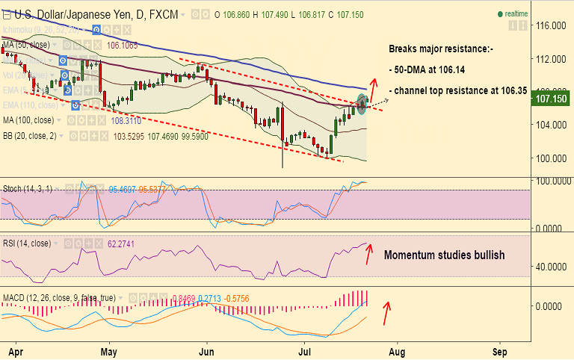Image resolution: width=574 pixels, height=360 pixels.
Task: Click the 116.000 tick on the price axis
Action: coord(552,26)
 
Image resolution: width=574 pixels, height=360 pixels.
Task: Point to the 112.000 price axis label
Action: coord(552,59)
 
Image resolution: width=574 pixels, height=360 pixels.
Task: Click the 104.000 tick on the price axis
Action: coord(552,125)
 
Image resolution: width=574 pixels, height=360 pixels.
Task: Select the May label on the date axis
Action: coord(109,350)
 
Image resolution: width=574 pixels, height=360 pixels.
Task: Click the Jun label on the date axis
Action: coord(207,350)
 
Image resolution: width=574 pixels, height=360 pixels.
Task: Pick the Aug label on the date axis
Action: coord(397,350)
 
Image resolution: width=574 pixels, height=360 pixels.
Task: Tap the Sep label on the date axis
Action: coord(500,350)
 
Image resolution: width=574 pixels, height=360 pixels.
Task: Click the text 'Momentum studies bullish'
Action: coord(444,255)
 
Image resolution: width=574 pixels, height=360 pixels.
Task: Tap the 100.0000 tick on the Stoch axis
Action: coord(552,181)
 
